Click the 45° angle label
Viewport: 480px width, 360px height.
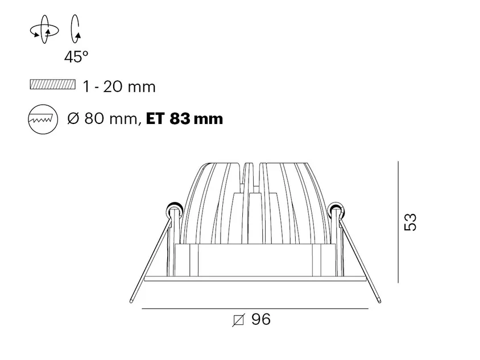(x=76, y=57)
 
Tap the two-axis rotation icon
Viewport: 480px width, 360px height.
(x=44, y=30)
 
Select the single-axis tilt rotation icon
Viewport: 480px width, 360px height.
(x=76, y=29)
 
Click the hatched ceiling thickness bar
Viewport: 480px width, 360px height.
(x=53, y=84)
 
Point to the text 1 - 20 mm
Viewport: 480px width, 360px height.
(x=119, y=86)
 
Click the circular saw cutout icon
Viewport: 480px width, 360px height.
(x=43, y=119)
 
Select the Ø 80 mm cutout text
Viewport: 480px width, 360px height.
(x=102, y=118)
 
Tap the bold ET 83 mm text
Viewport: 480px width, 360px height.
(x=185, y=118)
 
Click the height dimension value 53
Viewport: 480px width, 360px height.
(x=410, y=222)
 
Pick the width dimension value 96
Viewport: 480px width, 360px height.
(x=261, y=319)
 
